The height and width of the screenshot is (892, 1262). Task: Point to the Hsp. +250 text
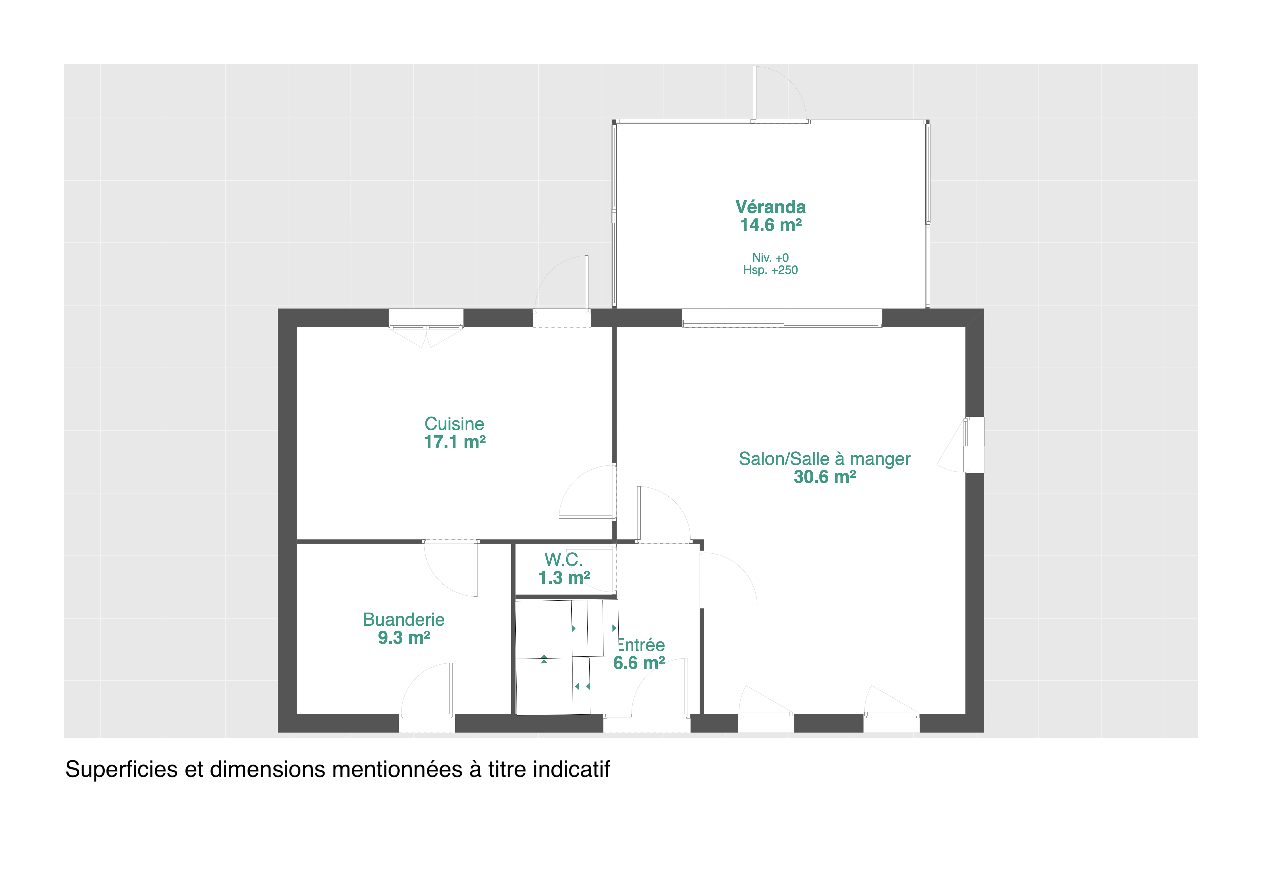pos(770,270)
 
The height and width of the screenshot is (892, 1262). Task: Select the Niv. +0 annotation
pos(770,258)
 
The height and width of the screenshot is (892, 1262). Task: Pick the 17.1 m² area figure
pos(455,442)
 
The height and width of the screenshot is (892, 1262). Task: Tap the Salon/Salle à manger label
pos(824,459)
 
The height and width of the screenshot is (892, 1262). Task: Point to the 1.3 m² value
pos(564,578)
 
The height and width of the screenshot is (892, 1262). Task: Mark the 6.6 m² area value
pos(639,663)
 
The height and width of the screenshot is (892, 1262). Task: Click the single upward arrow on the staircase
pos(544,659)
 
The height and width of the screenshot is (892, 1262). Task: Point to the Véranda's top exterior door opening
pos(780,121)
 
